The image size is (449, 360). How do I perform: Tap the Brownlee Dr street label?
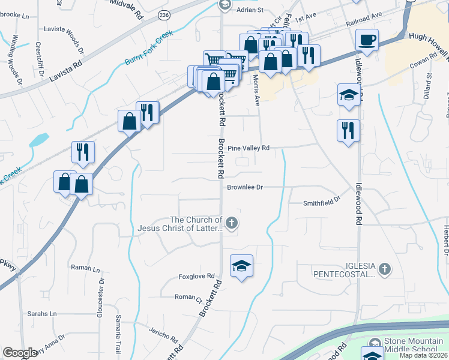(x=245, y=187)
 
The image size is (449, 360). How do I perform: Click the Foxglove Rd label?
(x=196, y=277)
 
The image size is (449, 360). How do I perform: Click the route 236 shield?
(x=163, y=14)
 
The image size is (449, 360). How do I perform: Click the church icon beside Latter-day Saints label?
(x=232, y=224)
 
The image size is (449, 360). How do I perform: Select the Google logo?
(x=20, y=353)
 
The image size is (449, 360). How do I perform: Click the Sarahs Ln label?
(x=41, y=314)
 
